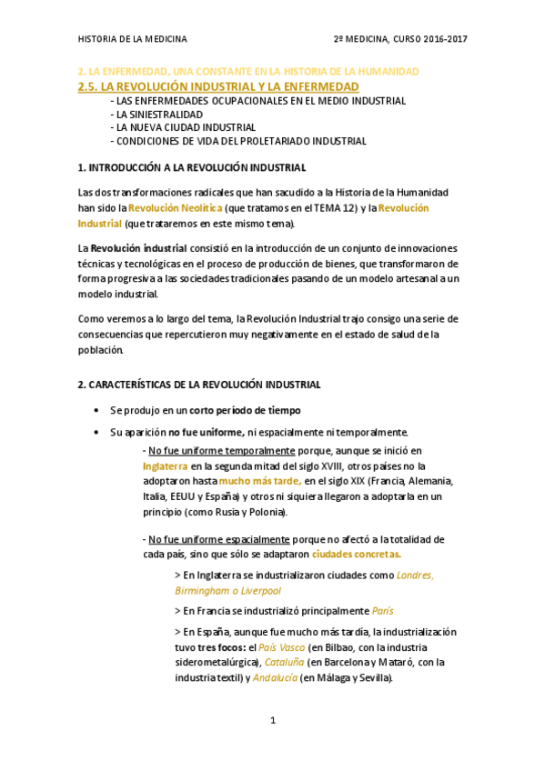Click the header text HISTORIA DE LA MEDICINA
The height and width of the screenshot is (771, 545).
[133, 39]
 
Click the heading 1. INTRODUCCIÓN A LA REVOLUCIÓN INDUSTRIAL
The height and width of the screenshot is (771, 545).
[192, 168]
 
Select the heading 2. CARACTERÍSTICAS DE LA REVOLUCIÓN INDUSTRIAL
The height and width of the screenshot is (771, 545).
[199, 385]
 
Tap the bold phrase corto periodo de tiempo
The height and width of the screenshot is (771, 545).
[245, 411]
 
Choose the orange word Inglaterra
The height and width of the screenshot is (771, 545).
[165, 466]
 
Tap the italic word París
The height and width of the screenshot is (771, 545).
[383, 611]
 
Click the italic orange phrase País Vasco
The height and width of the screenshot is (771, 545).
[280, 646]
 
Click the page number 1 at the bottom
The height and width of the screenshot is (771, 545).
[272, 721]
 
